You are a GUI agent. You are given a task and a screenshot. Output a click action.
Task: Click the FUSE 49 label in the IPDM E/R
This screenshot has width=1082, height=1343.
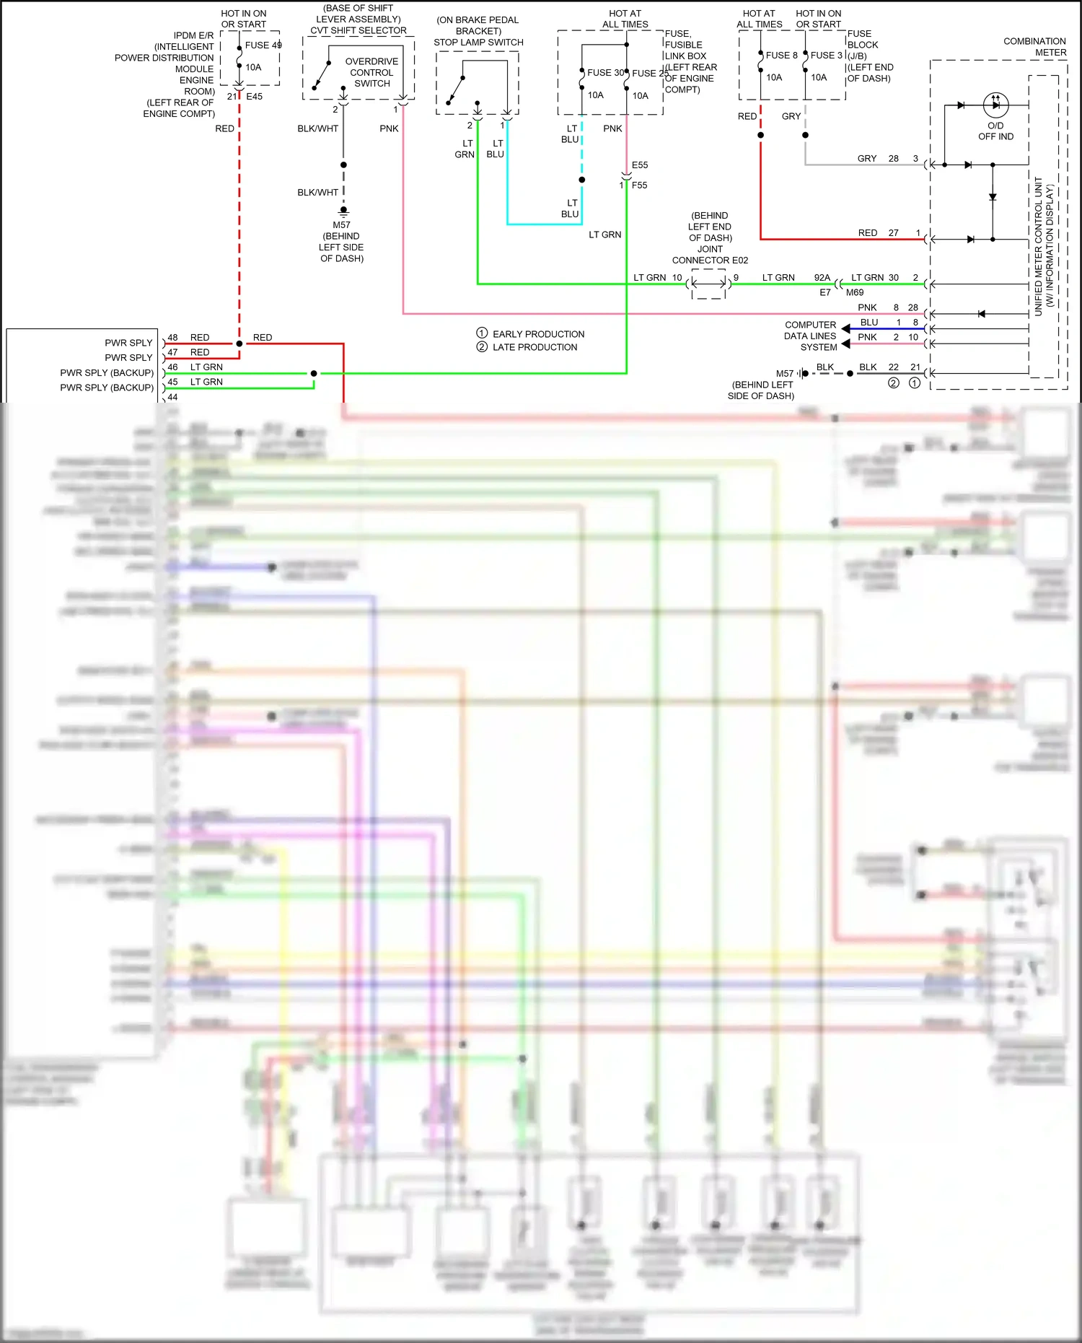263,45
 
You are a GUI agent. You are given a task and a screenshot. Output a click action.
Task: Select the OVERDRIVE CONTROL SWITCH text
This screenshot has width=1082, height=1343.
371,72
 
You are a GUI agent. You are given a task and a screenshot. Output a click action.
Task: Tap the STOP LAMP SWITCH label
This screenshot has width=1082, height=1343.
478,42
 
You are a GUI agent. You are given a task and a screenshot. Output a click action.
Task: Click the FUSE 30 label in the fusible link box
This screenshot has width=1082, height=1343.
605,72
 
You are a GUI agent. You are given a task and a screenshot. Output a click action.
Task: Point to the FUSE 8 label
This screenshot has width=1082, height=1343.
781,55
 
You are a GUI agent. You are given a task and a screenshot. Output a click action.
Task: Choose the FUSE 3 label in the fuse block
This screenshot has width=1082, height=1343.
826,55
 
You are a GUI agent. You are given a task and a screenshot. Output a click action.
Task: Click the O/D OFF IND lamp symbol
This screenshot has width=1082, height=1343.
995,105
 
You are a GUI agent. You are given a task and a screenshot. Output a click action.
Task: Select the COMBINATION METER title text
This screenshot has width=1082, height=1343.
1034,47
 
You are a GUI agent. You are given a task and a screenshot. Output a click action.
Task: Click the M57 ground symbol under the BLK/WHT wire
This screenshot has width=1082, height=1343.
343,211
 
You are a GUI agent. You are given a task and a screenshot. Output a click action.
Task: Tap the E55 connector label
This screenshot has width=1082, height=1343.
640,165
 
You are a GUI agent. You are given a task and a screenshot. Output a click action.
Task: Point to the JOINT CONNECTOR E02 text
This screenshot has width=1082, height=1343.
710,260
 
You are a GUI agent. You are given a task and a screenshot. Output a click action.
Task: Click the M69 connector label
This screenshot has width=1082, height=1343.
855,292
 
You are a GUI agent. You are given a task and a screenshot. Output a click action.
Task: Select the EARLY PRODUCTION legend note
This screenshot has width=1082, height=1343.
538,334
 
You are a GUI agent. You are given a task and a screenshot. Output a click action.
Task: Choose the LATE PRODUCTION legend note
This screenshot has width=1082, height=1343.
535,347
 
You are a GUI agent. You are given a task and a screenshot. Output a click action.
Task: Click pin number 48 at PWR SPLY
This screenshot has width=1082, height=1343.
172,337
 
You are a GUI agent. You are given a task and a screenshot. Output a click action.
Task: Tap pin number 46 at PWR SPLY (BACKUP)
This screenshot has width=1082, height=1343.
172,367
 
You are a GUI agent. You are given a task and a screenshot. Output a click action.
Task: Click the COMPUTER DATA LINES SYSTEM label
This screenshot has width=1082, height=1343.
810,336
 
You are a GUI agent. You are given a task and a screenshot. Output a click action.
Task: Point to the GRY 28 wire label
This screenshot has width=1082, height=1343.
877,158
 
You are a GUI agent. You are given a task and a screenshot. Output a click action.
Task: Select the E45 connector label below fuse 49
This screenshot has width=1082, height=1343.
255,96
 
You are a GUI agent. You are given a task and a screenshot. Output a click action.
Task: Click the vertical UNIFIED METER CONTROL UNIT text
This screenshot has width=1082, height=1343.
1039,245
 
